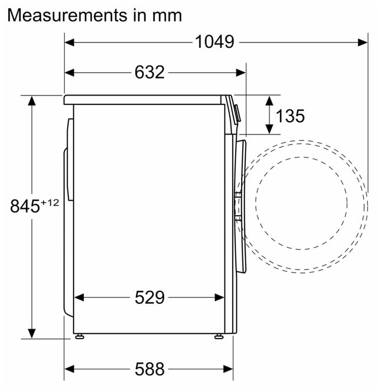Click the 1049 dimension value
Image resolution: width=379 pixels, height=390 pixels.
(215, 42)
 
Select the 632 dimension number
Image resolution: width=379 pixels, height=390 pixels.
(150, 73)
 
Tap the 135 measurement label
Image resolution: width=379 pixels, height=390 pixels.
(290, 116)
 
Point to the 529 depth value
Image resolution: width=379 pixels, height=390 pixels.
(150, 297)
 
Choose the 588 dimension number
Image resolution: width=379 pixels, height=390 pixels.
(150, 369)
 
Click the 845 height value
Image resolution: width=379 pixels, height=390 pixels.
(25, 206)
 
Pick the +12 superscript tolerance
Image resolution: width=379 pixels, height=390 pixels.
(50, 203)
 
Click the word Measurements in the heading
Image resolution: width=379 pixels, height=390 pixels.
(67, 15)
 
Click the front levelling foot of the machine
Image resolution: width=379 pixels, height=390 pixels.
(219, 336)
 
